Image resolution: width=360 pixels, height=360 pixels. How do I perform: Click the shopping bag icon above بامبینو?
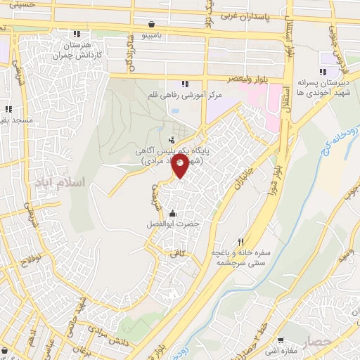click(153, 22)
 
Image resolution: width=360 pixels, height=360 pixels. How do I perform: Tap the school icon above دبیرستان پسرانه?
click(322, 71)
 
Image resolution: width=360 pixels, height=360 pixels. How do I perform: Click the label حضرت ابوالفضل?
click(173, 224)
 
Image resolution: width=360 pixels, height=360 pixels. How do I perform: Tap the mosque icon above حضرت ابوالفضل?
click(173, 213)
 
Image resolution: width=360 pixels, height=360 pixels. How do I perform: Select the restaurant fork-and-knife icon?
click(242, 240)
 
